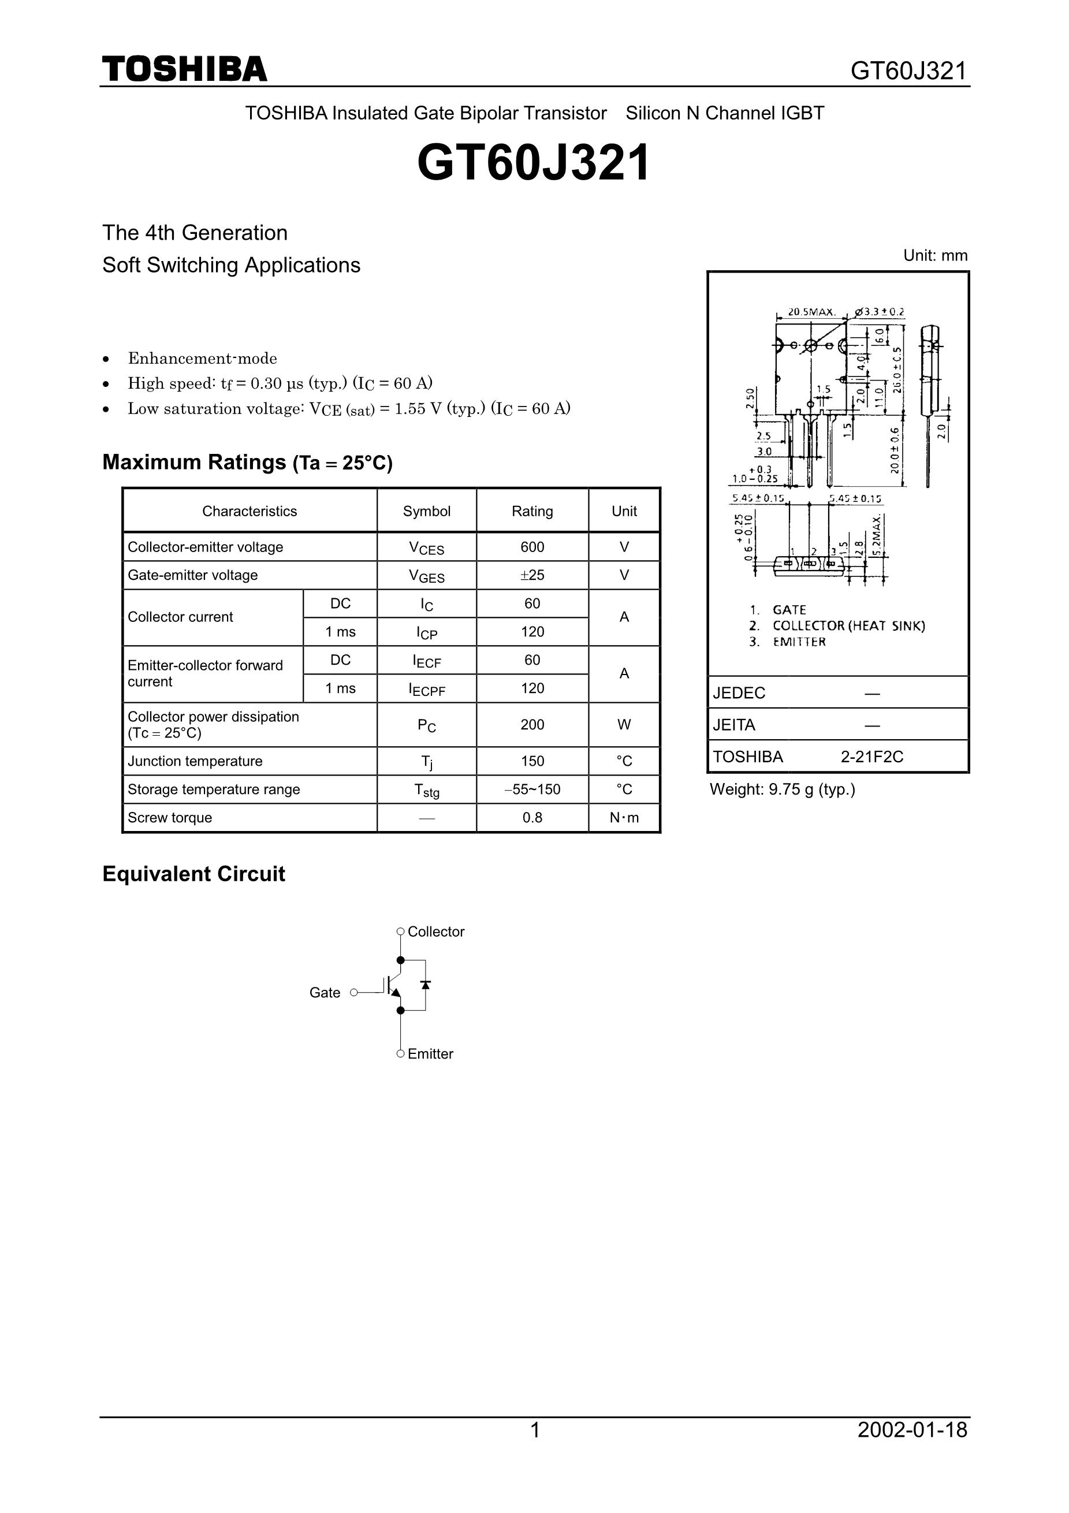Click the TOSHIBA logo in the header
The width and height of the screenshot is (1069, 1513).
pos(185,69)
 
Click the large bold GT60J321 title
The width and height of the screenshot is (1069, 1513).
pos(534,163)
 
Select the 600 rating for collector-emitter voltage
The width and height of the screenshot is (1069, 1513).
pos(532,547)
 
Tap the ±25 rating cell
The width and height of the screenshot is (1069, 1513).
pos(532,575)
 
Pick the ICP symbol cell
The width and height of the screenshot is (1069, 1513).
pos(426,632)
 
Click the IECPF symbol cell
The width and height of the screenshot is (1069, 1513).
pos(426,690)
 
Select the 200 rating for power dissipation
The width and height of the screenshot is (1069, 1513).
pos(532,725)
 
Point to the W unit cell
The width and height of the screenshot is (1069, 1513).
pos(624,725)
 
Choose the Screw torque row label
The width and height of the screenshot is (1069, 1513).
pos(169,818)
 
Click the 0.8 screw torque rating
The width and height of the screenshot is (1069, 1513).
pos(532,818)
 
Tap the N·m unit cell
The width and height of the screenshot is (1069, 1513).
pos(624,818)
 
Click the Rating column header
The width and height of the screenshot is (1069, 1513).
pos(532,512)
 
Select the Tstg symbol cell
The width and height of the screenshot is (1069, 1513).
pos(426,790)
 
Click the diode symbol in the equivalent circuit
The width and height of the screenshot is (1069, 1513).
pos(425,985)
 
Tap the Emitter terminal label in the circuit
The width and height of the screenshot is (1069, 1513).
pos(430,1054)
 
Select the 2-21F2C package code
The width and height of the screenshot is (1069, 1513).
pos(871,757)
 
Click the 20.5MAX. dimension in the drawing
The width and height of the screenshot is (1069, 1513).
pos(811,312)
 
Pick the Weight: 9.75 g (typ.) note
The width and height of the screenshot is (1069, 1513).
pos(783,789)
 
